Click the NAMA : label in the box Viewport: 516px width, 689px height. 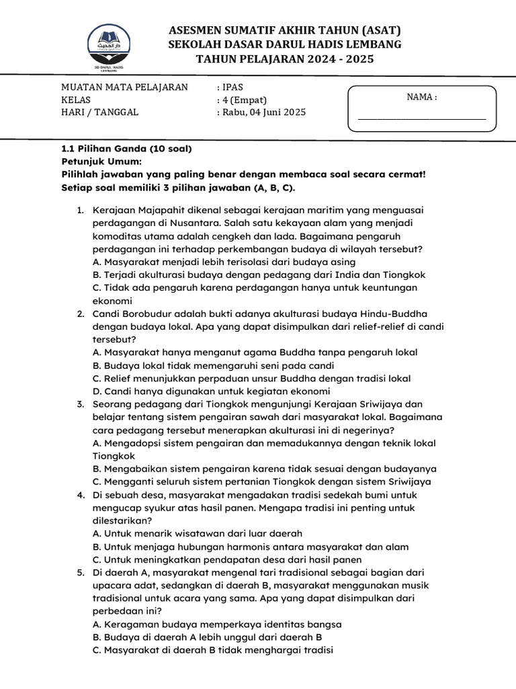(422, 97)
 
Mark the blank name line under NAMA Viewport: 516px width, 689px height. (422, 118)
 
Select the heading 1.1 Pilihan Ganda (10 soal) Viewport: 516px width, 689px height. (126, 149)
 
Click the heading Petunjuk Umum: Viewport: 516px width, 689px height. (101, 161)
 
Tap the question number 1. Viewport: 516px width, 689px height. (80, 210)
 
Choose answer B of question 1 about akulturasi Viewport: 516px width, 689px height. (259, 275)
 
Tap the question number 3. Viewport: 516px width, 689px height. (80, 404)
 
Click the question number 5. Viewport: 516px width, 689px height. (80, 572)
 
